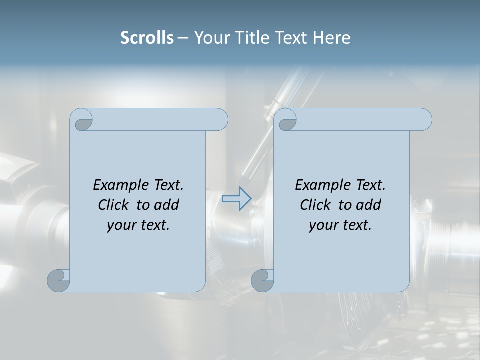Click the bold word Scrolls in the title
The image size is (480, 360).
coord(147,38)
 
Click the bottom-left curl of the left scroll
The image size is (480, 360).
coord(58,280)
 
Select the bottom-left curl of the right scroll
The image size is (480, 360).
coord(262,280)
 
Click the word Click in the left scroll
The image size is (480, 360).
coord(113,205)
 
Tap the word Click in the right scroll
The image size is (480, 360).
coord(315,205)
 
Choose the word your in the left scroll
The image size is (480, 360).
coord(121,225)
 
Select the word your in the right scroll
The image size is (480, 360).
coord(323,225)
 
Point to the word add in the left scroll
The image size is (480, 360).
coord(166,205)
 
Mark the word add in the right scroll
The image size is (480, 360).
coord(368,205)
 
